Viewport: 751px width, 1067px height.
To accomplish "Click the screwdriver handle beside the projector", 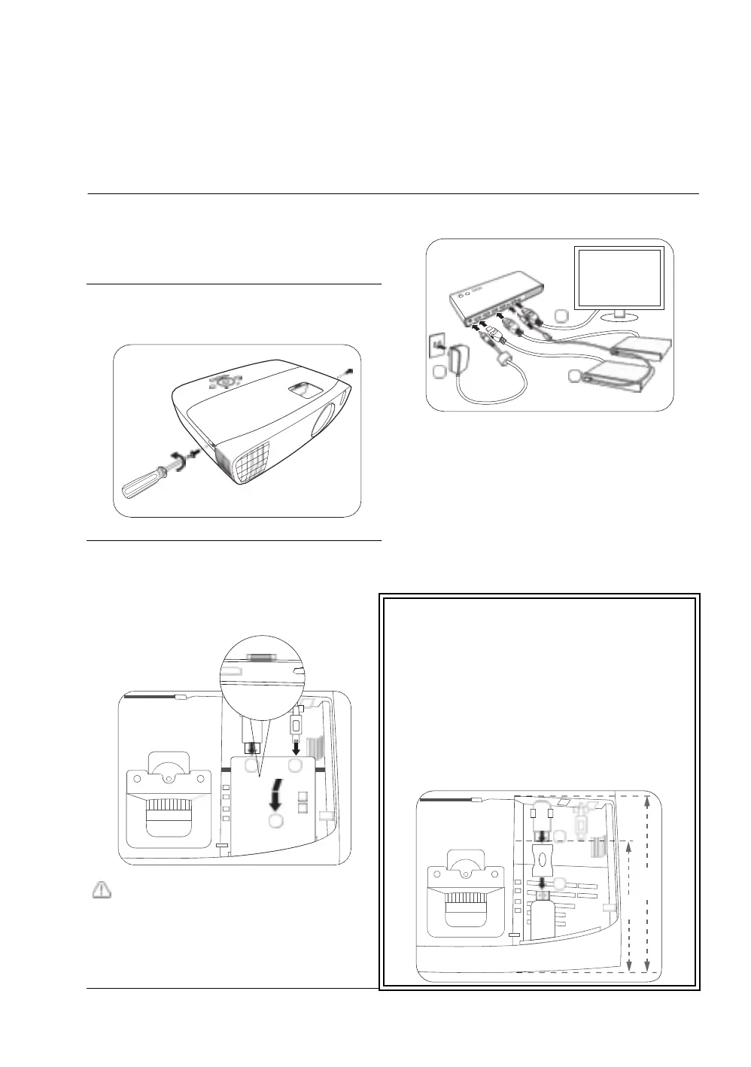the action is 140,485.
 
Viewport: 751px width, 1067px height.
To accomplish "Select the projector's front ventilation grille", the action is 245,456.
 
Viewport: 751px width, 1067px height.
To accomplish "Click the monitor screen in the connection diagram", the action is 619,277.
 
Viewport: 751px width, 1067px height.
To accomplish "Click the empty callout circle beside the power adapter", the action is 439,372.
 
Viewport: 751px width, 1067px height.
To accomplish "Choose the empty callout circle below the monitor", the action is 559,315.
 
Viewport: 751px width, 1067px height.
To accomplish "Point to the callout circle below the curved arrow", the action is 276,821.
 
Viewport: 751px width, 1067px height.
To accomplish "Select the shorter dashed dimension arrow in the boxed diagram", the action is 629,907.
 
